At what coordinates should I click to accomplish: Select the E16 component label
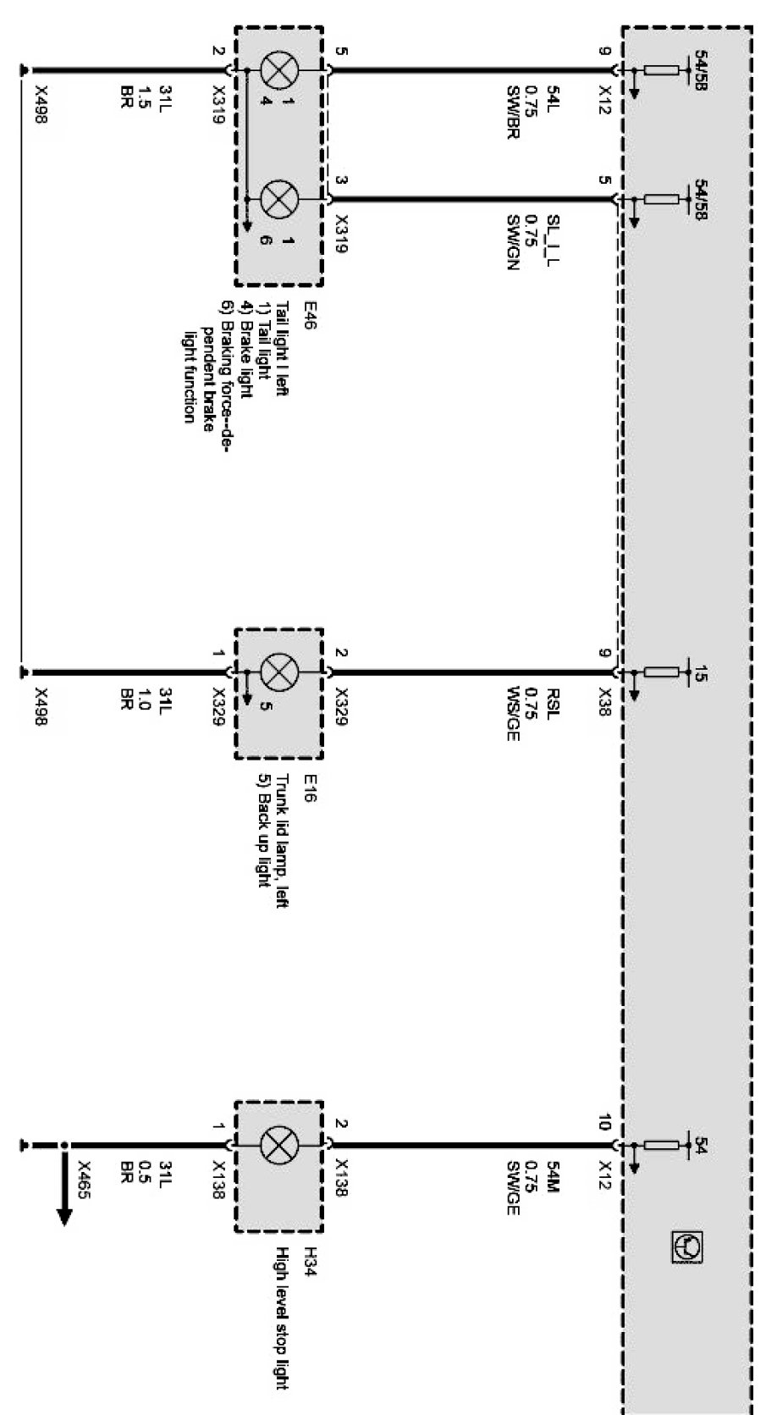click(309, 784)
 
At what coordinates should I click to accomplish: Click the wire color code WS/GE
click(513, 716)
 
